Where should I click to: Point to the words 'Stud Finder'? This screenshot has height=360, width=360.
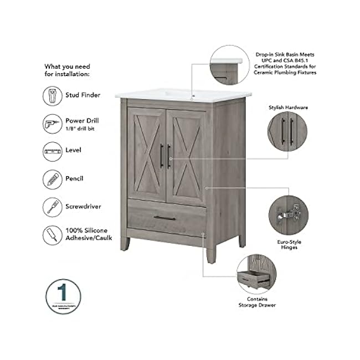(x=83, y=95)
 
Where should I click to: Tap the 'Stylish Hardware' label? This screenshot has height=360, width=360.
(x=288, y=107)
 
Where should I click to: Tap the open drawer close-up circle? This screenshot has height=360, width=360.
(x=256, y=273)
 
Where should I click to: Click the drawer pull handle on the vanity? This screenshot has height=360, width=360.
(x=164, y=218)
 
